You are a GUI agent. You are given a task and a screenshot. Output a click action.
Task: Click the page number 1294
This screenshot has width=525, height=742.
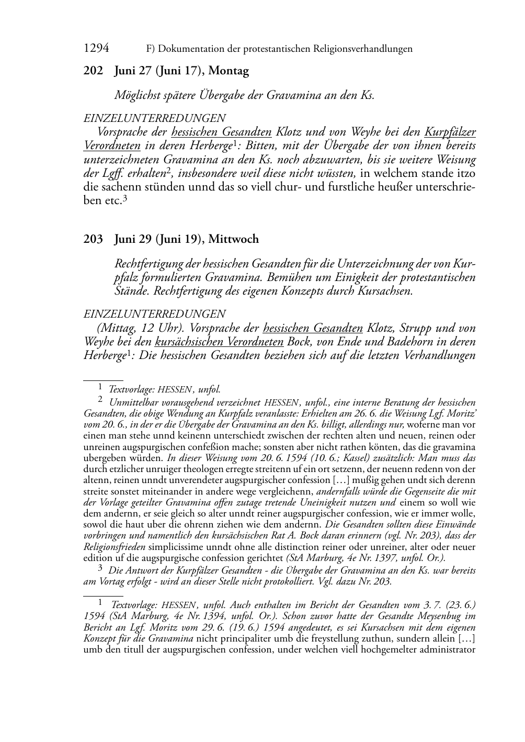(x=96, y=49)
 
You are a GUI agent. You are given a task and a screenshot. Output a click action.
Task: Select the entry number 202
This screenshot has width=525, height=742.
(x=93, y=71)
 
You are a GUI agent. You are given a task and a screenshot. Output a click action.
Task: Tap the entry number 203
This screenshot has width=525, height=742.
(x=93, y=239)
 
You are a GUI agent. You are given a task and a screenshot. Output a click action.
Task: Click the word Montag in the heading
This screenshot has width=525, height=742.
(x=229, y=71)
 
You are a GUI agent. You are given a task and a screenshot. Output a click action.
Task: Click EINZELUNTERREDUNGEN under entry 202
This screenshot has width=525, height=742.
(x=155, y=118)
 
